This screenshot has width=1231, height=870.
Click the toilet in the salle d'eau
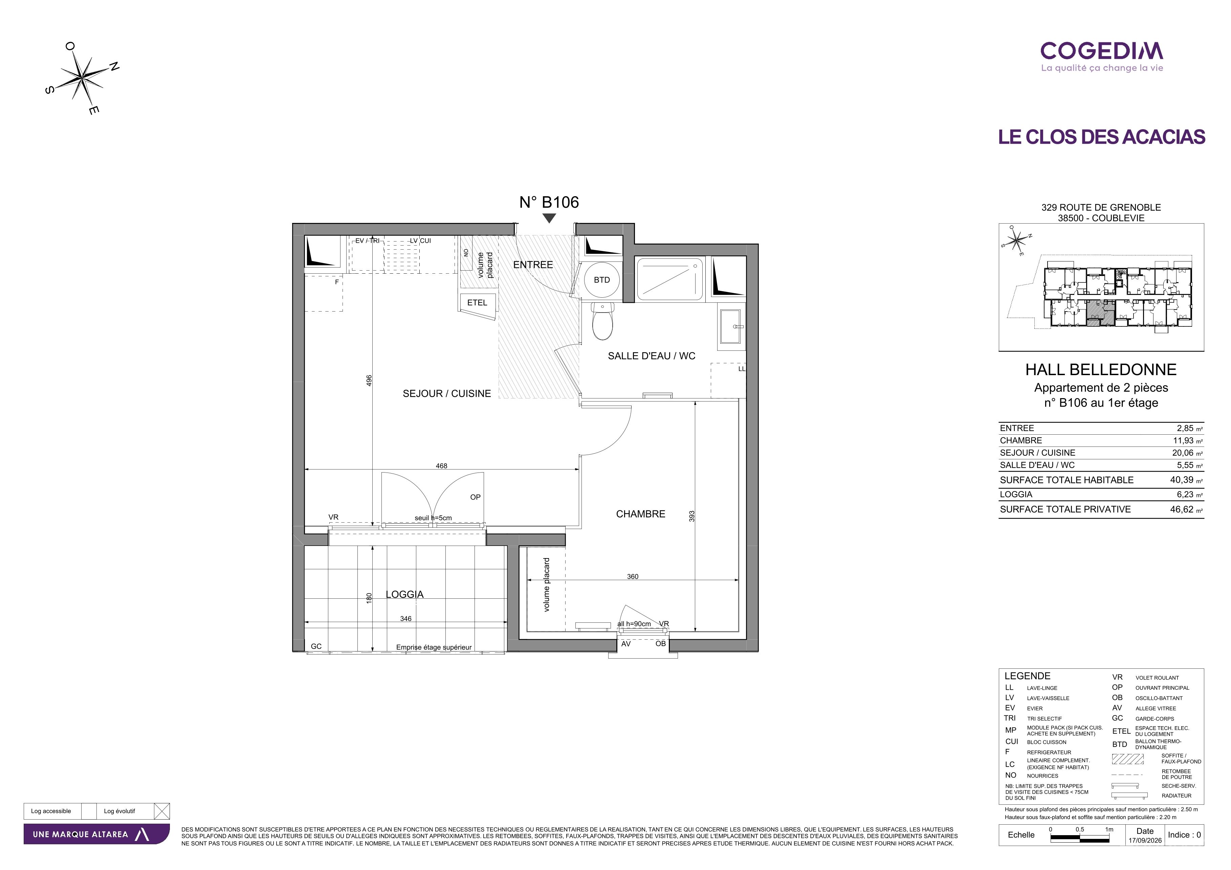tap(602, 321)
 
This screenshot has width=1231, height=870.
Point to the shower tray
tap(669, 279)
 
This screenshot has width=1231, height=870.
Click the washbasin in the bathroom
tap(731, 326)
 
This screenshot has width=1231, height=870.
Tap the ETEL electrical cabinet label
tap(477, 303)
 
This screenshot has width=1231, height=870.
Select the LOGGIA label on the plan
tap(405, 594)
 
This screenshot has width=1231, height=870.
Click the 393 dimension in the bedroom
tap(691, 516)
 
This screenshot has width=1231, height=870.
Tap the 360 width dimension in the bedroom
tap(633, 576)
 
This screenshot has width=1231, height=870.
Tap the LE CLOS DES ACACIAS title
tap(1102, 137)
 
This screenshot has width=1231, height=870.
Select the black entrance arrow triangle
tap(549, 218)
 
